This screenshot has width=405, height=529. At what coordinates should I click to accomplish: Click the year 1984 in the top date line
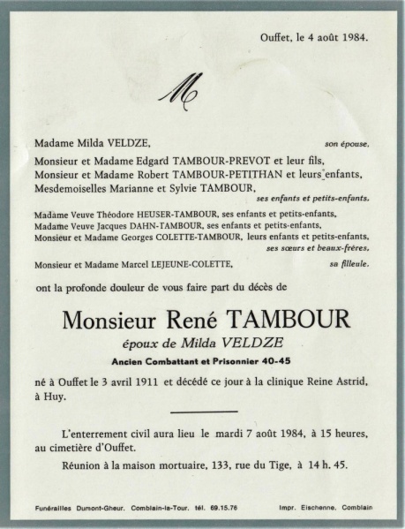click(x=353, y=38)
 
